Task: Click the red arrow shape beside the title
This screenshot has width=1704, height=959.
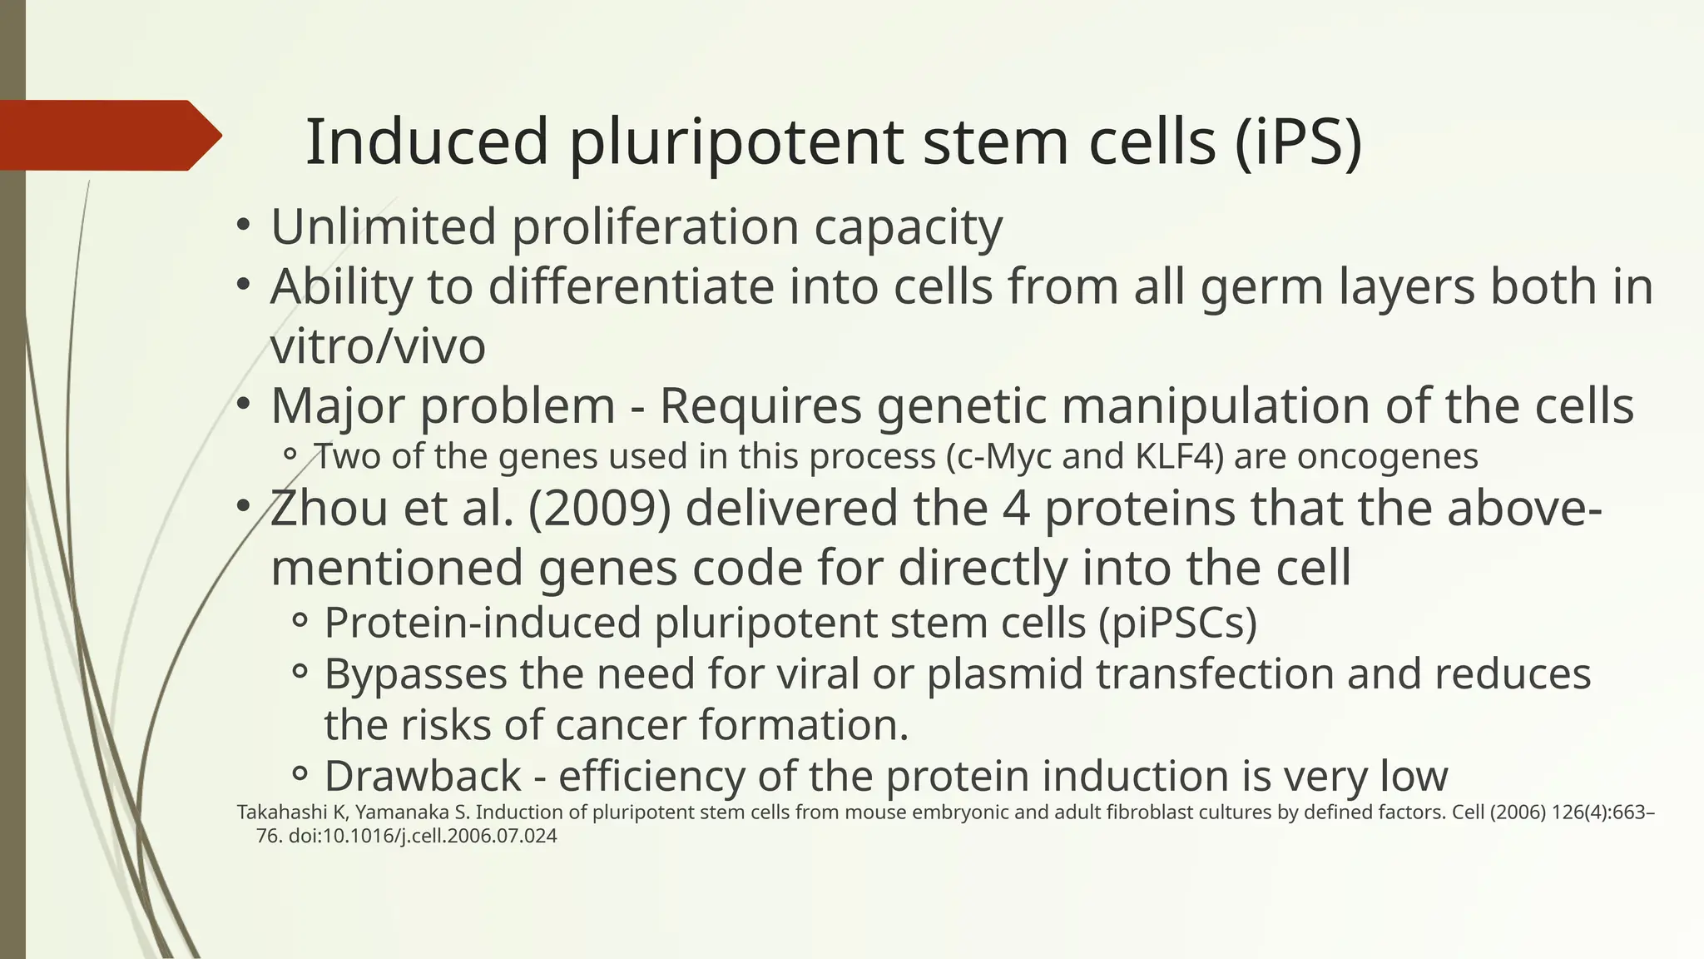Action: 108,135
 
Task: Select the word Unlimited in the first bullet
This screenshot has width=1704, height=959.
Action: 383,226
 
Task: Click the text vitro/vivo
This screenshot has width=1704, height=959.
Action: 378,346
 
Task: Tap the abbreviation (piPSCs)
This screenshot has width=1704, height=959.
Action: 1177,623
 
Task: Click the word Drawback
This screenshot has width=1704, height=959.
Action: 423,776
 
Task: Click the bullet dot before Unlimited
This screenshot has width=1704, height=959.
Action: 242,226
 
